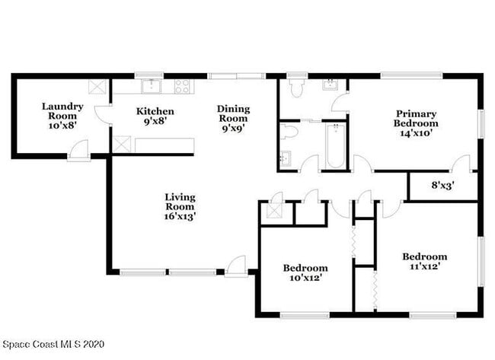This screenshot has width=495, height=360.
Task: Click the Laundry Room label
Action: click(62, 116)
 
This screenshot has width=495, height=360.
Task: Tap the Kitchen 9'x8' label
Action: click(155, 115)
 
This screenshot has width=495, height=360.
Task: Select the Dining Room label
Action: click(233, 118)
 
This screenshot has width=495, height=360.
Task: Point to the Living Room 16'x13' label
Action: click(180, 206)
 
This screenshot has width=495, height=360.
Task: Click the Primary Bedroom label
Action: click(416, 117)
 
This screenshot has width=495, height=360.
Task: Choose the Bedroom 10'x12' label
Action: click(305, 272)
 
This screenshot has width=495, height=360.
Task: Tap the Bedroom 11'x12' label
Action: click(424, 261)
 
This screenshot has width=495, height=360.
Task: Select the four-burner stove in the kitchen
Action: click(183, 86)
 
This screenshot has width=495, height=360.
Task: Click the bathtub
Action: click(334, 146)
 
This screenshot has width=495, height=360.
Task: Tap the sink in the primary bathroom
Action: click(331, 84)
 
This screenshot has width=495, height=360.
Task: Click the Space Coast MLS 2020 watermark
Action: click(52, 345)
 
